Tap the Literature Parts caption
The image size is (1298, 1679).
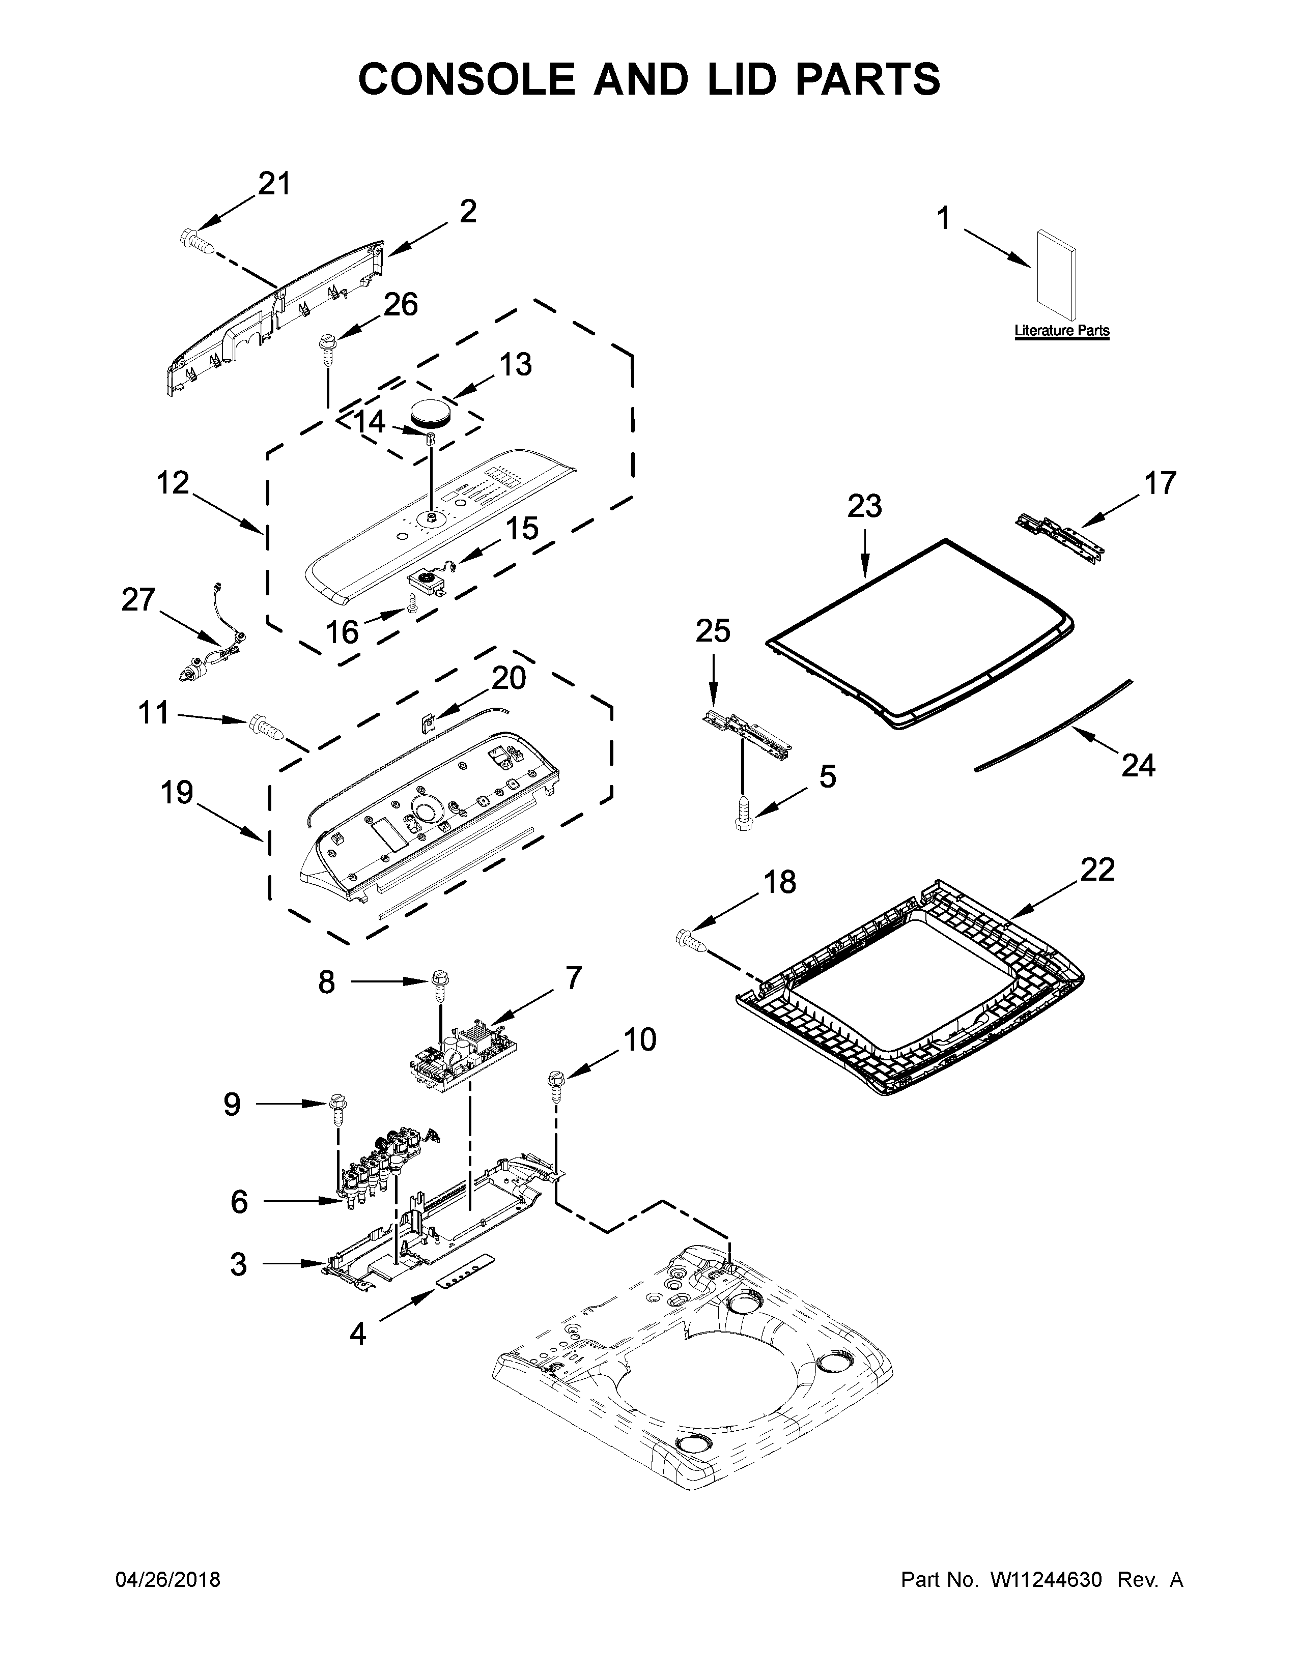click(x=1061, y=331)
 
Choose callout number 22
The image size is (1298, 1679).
click(x=1096, y=870)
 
